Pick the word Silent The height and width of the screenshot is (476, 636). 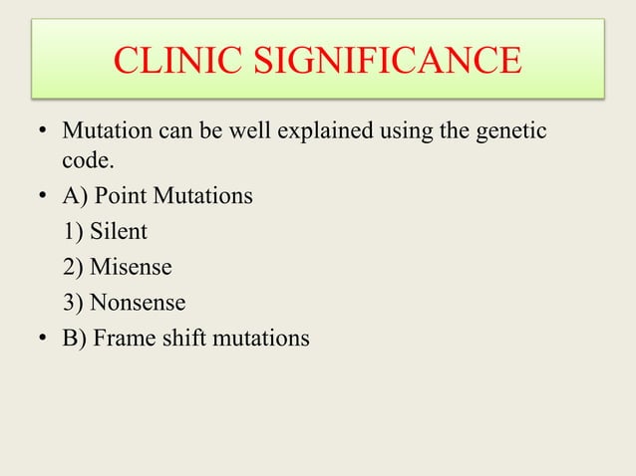118,232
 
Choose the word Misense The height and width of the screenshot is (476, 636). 131,267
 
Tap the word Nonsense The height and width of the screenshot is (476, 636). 138,302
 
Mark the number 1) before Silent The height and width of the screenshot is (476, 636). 73,232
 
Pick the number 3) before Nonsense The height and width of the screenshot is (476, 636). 73,302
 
